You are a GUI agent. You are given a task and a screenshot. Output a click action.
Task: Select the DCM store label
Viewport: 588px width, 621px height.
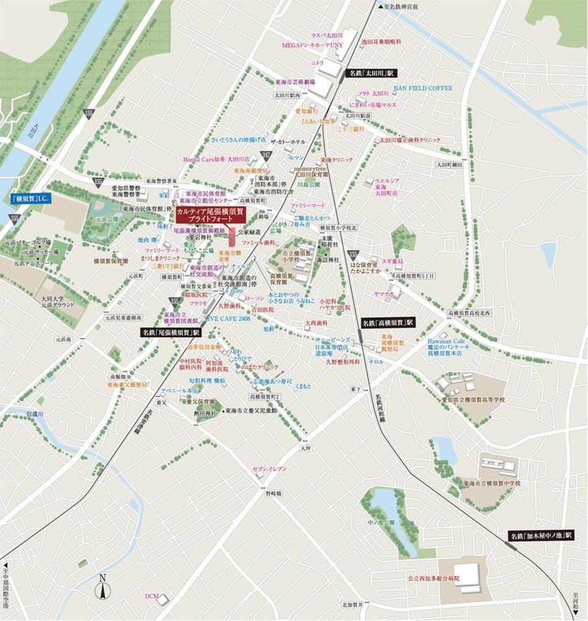(152, 596)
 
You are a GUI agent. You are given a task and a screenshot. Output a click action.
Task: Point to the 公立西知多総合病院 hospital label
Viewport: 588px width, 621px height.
(434, 578)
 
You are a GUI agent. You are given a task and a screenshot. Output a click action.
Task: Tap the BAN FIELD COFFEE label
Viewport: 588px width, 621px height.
(422, 89)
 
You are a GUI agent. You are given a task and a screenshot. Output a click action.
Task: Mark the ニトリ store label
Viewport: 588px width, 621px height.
(318, 63)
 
